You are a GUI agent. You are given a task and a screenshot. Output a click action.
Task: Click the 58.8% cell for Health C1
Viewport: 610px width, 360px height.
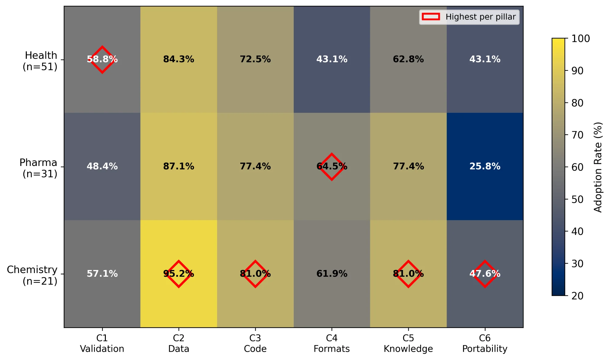tap(102, 59)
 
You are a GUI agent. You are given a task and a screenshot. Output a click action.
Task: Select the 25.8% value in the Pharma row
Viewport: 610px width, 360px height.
tap(485, 166)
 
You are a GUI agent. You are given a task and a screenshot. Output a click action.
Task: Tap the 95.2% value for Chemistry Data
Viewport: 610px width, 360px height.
tap(179, 274)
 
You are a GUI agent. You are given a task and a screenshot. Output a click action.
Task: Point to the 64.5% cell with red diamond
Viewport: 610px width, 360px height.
tap(332, 167)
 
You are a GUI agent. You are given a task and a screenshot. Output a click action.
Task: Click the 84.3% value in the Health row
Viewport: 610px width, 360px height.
tap(179, 59)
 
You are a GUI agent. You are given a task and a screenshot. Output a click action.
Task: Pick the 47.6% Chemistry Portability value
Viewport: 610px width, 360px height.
tap(485, 274)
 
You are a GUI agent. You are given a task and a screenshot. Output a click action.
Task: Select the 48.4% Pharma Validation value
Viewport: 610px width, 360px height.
tap(102, 166)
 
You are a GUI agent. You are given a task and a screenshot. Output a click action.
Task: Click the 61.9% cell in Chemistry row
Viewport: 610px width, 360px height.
tap(332, 274)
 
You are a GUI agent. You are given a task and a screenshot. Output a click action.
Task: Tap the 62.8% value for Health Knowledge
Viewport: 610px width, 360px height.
tap(408, 59)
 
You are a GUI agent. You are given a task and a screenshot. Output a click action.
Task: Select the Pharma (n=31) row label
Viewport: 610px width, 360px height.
tap(39, 168)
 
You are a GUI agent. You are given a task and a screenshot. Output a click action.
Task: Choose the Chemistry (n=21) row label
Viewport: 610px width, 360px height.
tap(32, 275)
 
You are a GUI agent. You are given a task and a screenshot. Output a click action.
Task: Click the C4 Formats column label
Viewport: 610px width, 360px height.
tap(332, 343)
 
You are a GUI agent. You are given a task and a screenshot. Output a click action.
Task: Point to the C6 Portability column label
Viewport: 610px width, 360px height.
tap(485, 343)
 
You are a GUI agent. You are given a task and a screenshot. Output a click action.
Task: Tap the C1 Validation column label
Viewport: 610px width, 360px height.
tap(102, 343)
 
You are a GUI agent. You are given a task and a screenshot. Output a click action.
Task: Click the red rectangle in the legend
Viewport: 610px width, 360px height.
tap(431, 17)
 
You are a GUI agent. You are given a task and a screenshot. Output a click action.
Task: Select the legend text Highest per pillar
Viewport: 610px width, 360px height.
tap(480, 17)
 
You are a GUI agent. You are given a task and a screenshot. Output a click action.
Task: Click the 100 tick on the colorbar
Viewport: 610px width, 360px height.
tap(580, 39)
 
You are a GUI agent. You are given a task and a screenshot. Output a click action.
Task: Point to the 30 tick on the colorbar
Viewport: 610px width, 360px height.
tap(577, 264)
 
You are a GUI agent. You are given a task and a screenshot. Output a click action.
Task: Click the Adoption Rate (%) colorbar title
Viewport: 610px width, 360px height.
tap(598, 167)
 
